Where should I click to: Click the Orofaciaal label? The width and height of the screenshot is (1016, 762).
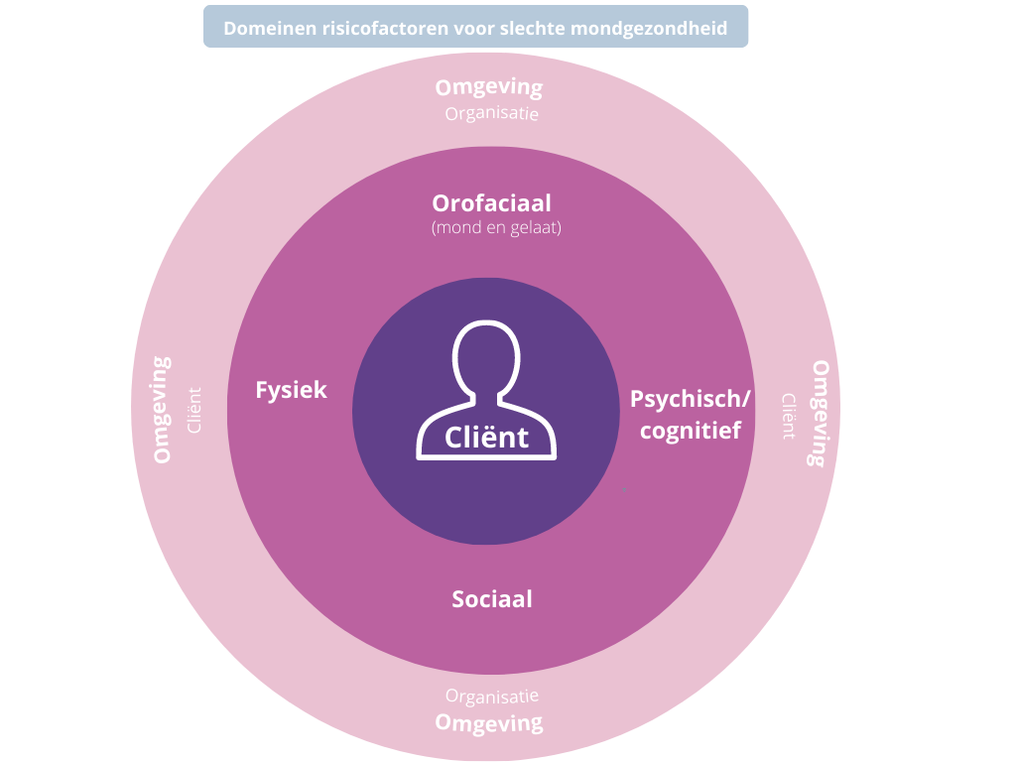[491, 203]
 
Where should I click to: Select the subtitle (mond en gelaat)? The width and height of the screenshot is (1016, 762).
[491, 227]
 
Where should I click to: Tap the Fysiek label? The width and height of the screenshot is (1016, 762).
[291, 390]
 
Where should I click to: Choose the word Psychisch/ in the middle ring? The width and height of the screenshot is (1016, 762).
[691, 399]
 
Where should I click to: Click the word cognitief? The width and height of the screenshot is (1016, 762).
[691, 431]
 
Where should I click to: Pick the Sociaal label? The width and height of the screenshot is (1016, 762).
[492, 599]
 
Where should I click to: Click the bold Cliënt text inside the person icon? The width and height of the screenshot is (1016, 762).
[486, 438]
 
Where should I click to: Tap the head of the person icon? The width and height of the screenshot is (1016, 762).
[486, 357]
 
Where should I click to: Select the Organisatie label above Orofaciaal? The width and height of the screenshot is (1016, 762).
[491, 113]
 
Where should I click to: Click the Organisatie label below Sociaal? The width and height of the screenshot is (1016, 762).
[491, 697]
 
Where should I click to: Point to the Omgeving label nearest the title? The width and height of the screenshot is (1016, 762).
[489, 87]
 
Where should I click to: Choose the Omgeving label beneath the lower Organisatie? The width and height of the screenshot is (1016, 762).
[489, 722]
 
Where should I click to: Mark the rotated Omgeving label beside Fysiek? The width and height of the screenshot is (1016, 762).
[162, 409]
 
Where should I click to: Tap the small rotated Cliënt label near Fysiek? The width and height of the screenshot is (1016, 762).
[193, 409]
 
